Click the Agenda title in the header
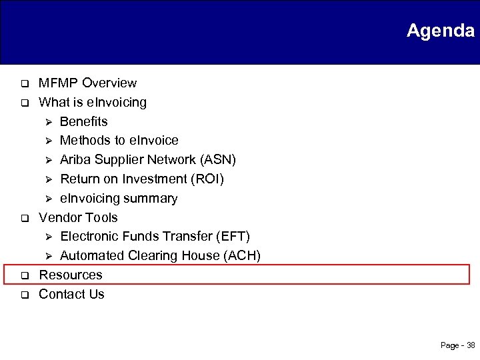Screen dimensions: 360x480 pos(440,31)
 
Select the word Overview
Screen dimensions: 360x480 pos(109,83)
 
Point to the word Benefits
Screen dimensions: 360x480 pos(83,122)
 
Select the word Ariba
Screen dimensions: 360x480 pos(75,160)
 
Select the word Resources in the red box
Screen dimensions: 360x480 pos(71,275)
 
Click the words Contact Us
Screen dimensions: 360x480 pos(71,295)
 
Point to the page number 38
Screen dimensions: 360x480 pos(471,345)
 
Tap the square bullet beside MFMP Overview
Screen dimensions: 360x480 pos(22,84)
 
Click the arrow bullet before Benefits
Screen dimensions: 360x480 pos(47,122)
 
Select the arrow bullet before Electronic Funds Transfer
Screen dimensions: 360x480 pos(47,237)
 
